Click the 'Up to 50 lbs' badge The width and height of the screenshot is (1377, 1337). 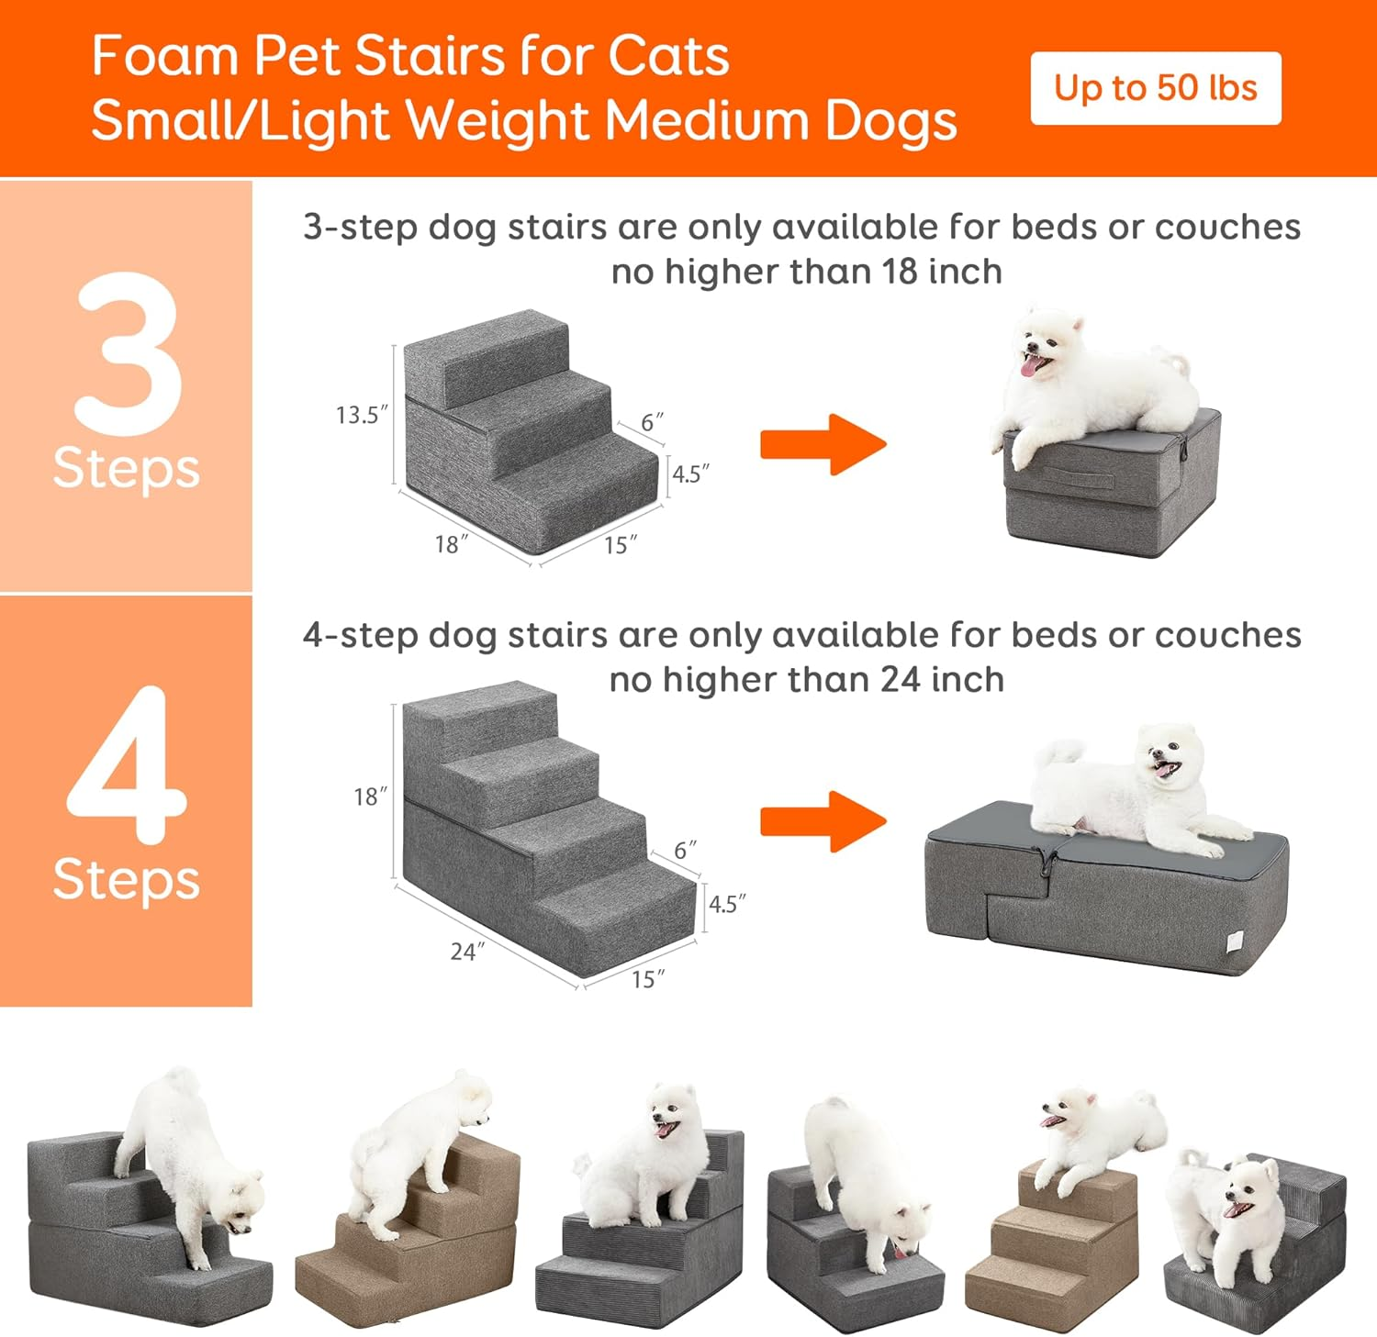1155,88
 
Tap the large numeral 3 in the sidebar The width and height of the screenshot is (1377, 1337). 129,353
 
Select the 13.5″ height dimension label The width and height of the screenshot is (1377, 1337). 361,415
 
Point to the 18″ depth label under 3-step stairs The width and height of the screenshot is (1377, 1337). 451,544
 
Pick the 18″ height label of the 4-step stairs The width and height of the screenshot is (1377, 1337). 370,797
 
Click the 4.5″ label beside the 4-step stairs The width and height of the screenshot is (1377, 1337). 726,904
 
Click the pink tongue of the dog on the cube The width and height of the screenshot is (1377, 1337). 1034,367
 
